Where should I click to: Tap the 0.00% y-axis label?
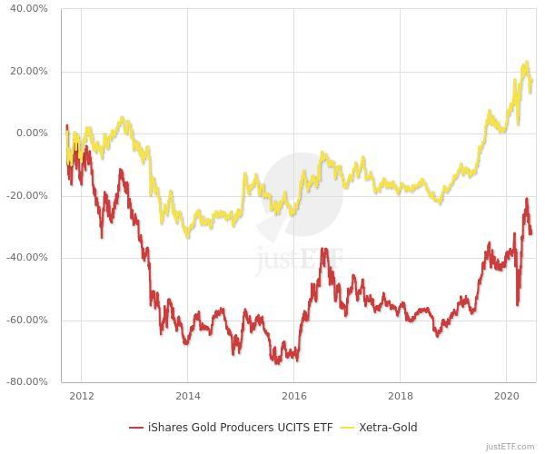(x=33, y=133)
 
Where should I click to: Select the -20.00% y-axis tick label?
(x=29, y=196)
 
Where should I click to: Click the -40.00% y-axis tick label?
(x=29, y=258)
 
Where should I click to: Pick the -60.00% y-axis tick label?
(x=29, y=321)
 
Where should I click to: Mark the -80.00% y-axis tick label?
(x=29, y=382)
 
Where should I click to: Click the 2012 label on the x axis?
(x=81, y=396)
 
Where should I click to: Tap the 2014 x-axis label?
(x=187, y=396)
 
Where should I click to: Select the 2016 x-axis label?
(x=293, y=396)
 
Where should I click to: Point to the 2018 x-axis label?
(x=401, y=396)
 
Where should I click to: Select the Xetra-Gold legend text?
(x=388, y=427)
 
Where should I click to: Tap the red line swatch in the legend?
(x=136, y=427)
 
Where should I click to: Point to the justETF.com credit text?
(x=513, y=447)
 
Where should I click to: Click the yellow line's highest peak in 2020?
(x=526, y=63)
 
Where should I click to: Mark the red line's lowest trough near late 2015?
(x=276, y=363)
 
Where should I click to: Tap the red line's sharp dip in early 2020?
(x=518, y=304)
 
